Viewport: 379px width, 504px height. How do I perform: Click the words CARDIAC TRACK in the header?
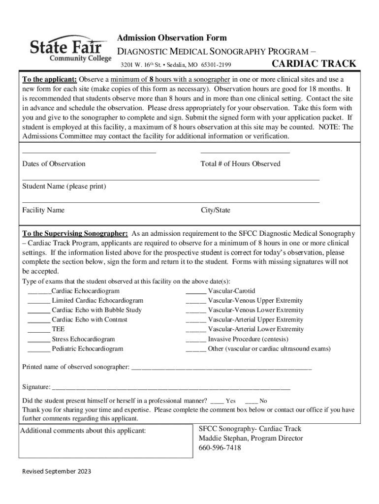pyautogui.click(x=314, y=64)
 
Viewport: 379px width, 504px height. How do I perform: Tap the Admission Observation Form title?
pyautogui.click(x=171, y=38)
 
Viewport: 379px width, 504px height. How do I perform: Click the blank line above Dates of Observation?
pyautogui.click(x=89, y=153)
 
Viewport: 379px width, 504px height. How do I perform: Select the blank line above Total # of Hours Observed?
pyautogui.click(x=245, y=153)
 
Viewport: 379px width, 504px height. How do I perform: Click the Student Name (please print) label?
pyautogui.click(x=64, y=187)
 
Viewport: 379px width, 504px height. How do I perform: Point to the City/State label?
pyautogui.click(x=215, y=210)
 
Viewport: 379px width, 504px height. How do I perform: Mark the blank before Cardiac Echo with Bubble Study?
pyautogui.click(x=39, y=311)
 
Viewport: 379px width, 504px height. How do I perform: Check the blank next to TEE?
pyautogui.click(x=39, y=330)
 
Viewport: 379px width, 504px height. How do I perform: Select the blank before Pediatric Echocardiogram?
pyautogui.click(x=39, y=349)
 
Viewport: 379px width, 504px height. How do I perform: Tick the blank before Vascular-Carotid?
pyautogui.click(x=195, y=292)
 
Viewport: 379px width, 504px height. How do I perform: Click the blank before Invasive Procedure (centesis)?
pyautogui.click(x=195, y=340)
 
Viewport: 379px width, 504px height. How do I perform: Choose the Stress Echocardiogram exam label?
pyautogui.click(x=83, y=339)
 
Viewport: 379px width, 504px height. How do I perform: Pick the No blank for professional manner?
pyautogui.click(x=251, y=402)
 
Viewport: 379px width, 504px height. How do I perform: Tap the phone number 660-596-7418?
pyautogui.click(x=220, y=448)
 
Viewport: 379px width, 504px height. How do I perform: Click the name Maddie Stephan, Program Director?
pyautogui.click(x=251, y=438)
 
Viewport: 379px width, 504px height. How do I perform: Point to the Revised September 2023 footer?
pyautogui.click(x=57, y=472)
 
